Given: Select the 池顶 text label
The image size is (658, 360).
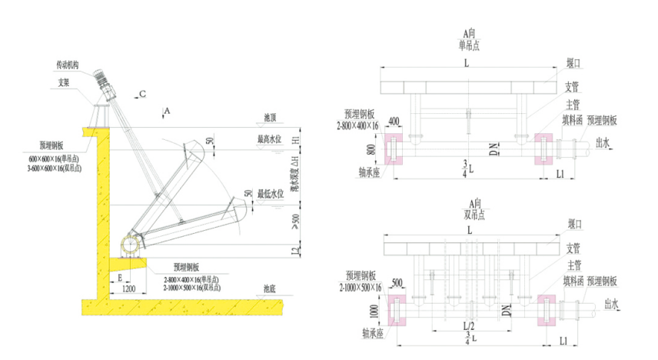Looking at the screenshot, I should pyautogui.click(x=270, y=118).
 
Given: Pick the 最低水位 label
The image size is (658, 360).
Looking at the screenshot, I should pyautogui.click(x=271, y=194).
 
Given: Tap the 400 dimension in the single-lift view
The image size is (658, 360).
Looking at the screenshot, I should pyautogui.click(x=394, y=122).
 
